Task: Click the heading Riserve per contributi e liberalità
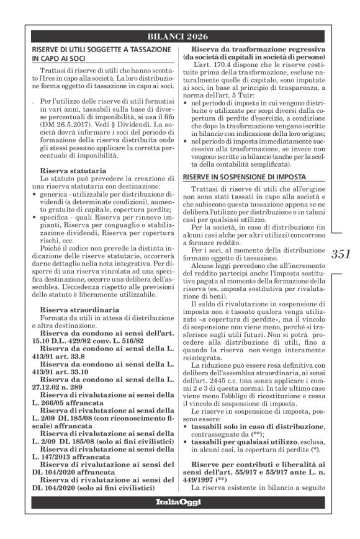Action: click(x=254, y=481)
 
